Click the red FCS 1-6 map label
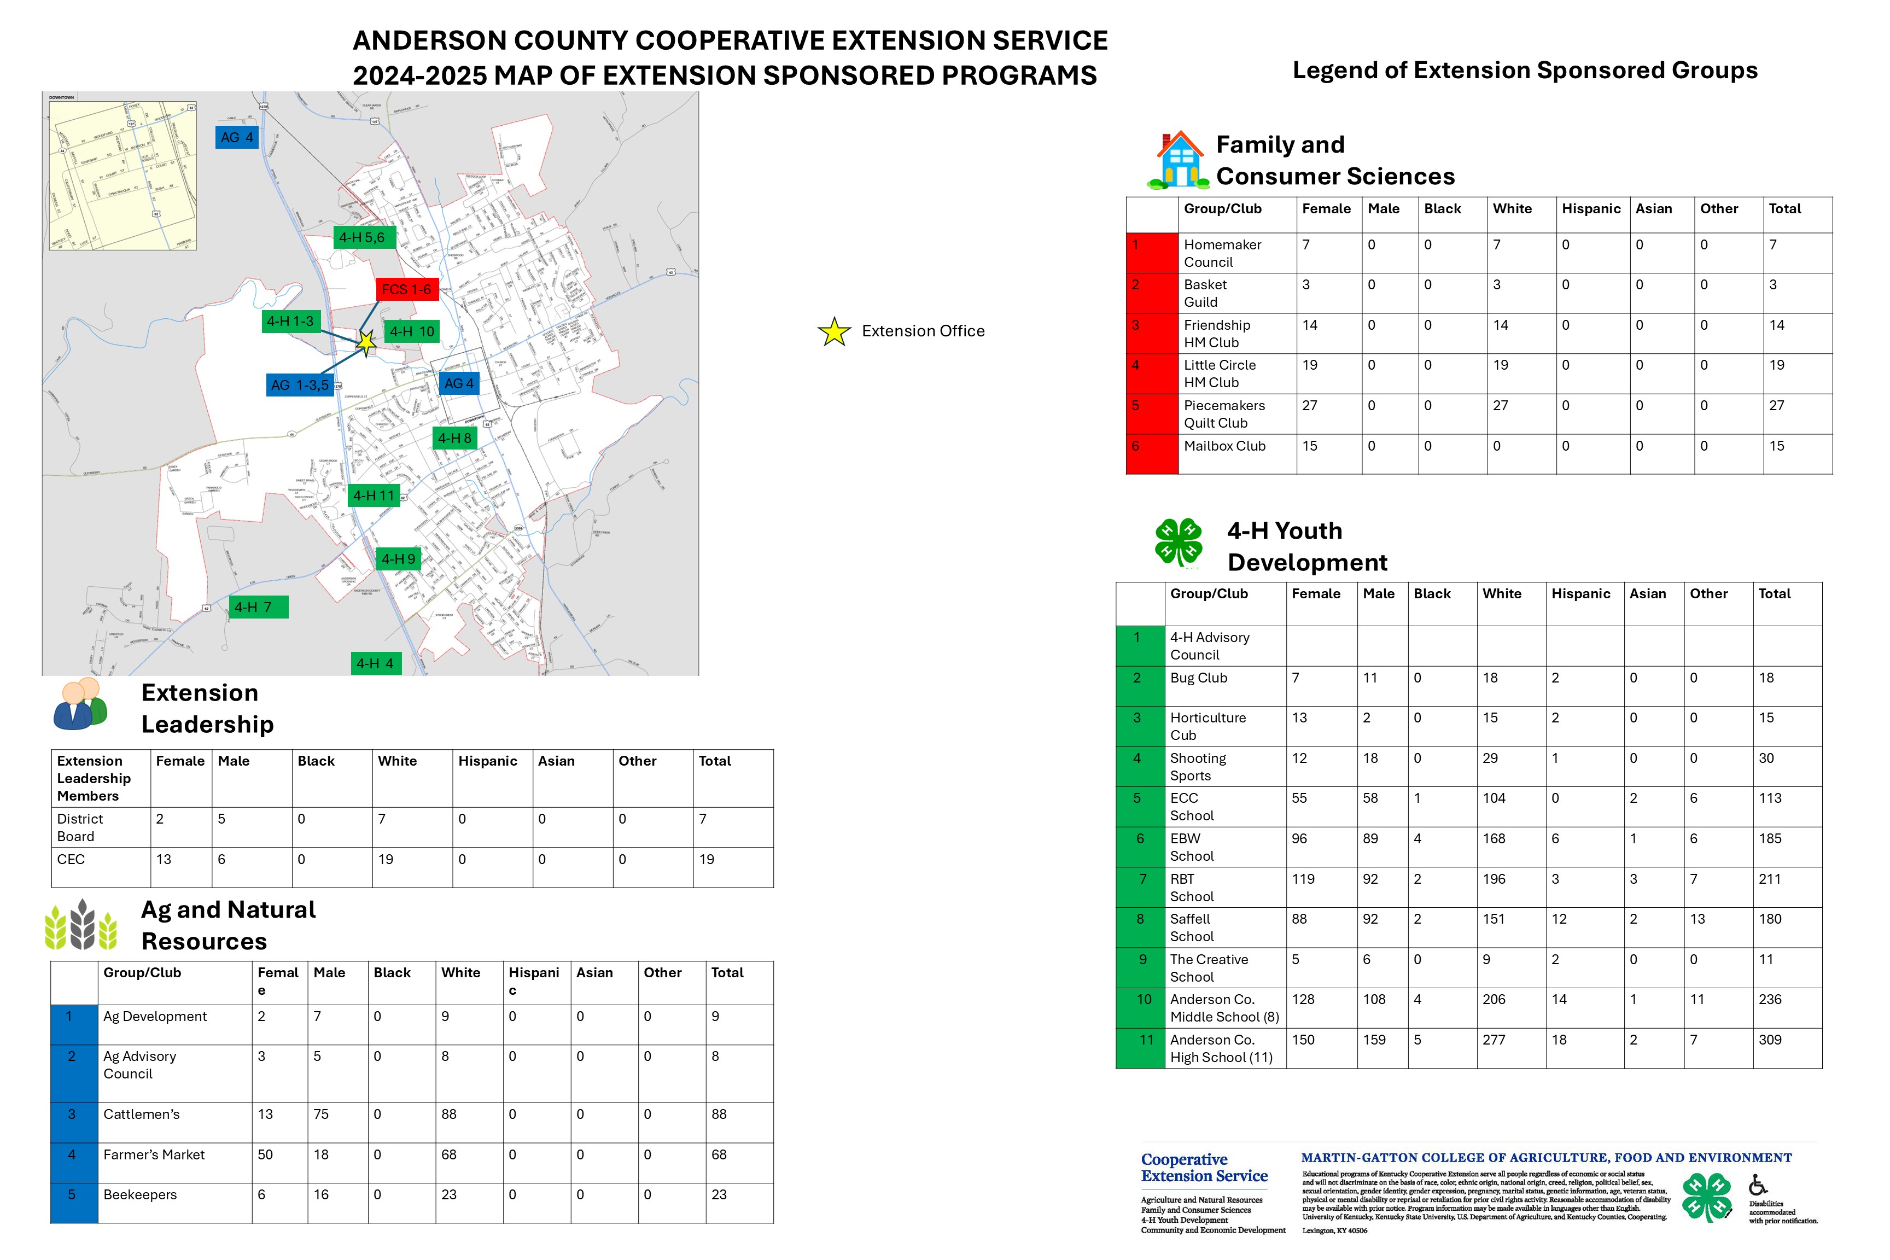point(407,289)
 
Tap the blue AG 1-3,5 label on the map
point(300,385)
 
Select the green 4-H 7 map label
point(257,606)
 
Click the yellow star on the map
point(366,343)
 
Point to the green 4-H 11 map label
point(374,495)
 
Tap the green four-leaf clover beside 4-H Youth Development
point(1178,542)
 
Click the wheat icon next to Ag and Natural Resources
point(81,925)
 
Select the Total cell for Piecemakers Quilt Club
point(1777,406)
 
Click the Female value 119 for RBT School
point(1303,879)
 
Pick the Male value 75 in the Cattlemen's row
point(320,1114)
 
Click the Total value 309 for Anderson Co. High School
point(1770,1040)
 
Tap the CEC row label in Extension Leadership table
point(71,859)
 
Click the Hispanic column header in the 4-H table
point(1580,594)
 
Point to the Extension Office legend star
point(834,331)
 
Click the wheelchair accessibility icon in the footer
point(1758,1185)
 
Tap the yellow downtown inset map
point(122,175)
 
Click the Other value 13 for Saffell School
point(1696,919)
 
